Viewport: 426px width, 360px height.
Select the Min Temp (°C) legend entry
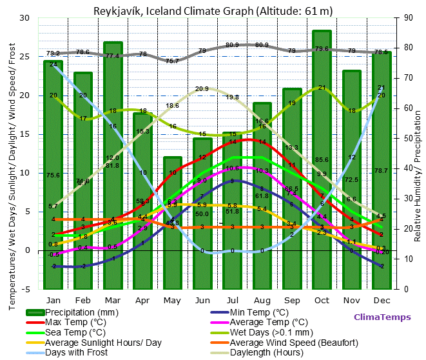pos(260,312)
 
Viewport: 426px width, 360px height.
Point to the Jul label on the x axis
pos(232,300)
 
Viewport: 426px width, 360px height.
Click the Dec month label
pos(382,300)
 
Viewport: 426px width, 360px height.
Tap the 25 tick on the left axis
pos(25,57)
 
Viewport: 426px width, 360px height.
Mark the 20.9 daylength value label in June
pos(202,89)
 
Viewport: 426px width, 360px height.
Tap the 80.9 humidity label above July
pos(232,45)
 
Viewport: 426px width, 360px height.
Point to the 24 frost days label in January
pos(53,65)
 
